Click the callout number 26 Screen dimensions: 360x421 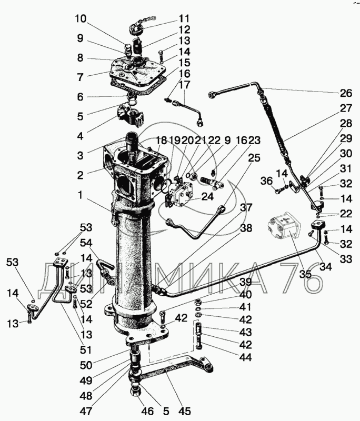[x=345, y=93]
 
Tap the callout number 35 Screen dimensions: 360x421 [x=305, y=274]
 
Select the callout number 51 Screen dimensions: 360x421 [x=86, y=350]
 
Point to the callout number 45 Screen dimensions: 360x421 [x=184, y=411]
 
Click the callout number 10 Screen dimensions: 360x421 [x=81, y=19]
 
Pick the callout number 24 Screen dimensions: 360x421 [x=207, y=196]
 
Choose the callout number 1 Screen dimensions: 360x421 [x=80, y=195]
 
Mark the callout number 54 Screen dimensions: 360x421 [x=86, y=243]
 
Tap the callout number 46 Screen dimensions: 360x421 [x=147, y=411]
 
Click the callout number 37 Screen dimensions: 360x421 [x=246, y=207]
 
